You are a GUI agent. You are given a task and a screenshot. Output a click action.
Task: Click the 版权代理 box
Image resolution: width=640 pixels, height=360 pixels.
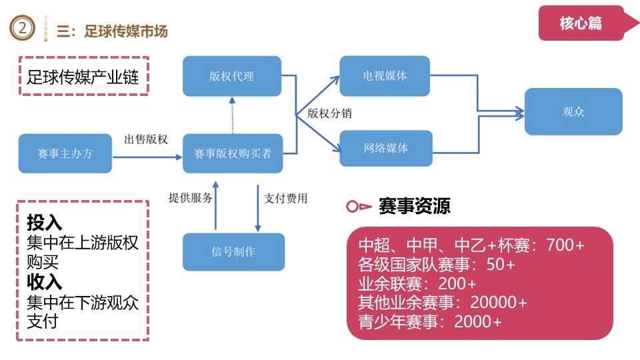pyautogui.click(x=231, y=76)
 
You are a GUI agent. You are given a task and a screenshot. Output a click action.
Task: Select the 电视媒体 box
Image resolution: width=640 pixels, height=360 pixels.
pyautogui.click(x=385, y=76)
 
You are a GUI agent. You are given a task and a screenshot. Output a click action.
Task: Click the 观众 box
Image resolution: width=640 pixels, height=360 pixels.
pyautogui.click(x=573, y=111)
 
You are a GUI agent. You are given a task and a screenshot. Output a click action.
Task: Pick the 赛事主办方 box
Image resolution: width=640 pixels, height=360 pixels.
pyautogui.click(x=65, y=153)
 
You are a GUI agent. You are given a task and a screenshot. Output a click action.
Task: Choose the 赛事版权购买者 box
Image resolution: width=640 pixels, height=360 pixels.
pyautogui.click(x=233, y=153)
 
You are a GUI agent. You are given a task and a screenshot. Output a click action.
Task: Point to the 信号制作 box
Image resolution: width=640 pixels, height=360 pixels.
pyautogui.click(x=233, y=251)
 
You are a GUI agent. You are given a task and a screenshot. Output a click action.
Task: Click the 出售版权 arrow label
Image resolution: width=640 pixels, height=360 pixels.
pyautogui.click(x=146, y=139)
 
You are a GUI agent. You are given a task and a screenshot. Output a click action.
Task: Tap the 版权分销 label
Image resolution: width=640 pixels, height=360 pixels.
pyautogui.click(x=329, y=113)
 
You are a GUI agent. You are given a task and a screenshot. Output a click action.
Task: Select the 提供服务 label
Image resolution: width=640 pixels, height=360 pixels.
pyautogui.click(x=191, y=198)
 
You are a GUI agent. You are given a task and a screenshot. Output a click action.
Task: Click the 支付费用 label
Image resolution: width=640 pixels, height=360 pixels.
pyautogui.click(x=286, y=198)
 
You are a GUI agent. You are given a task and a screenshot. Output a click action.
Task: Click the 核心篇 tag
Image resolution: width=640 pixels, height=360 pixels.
pyautogui.click(x=581, y=23)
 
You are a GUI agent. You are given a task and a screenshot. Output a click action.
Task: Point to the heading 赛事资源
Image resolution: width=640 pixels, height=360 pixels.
pyautogui.click(x=414, y=206)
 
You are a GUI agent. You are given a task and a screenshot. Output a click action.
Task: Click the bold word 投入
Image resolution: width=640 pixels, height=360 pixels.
pyautogui.click(x=44, y=223)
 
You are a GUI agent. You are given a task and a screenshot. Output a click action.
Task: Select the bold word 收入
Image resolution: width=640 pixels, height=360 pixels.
pyautogui.click(x=44, y=282)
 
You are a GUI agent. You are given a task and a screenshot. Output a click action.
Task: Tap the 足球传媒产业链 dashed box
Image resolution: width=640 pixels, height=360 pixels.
pyautogui.click(x=83, y=77)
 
